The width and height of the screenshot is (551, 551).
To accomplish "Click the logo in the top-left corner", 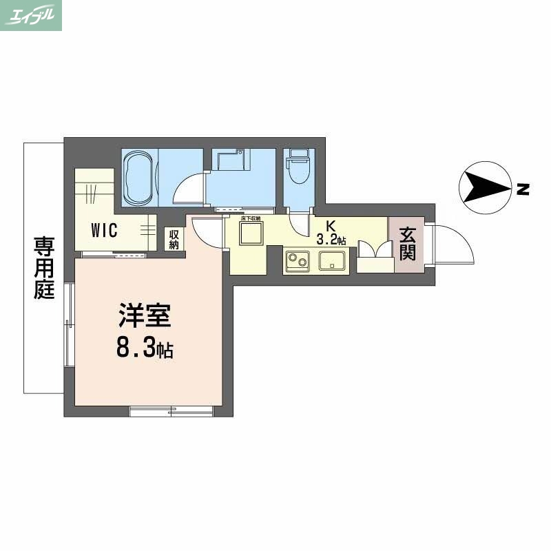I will coord(31,15).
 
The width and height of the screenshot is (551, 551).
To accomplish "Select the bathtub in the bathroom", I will coord(140,178).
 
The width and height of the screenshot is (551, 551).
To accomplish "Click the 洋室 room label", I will coord(144,316).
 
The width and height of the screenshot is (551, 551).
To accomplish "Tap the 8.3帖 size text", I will coord(144,349).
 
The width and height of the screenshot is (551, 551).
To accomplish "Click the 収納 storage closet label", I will coord(174,240).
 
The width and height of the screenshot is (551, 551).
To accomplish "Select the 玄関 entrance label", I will coord(406,245).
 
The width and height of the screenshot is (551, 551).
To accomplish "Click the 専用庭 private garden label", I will coord(44,267).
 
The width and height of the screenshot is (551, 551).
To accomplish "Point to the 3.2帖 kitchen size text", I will coord(331,240).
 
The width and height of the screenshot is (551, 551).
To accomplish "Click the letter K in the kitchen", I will coord(331,226).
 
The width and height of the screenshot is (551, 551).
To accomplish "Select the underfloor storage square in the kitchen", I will coord(251,234).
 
